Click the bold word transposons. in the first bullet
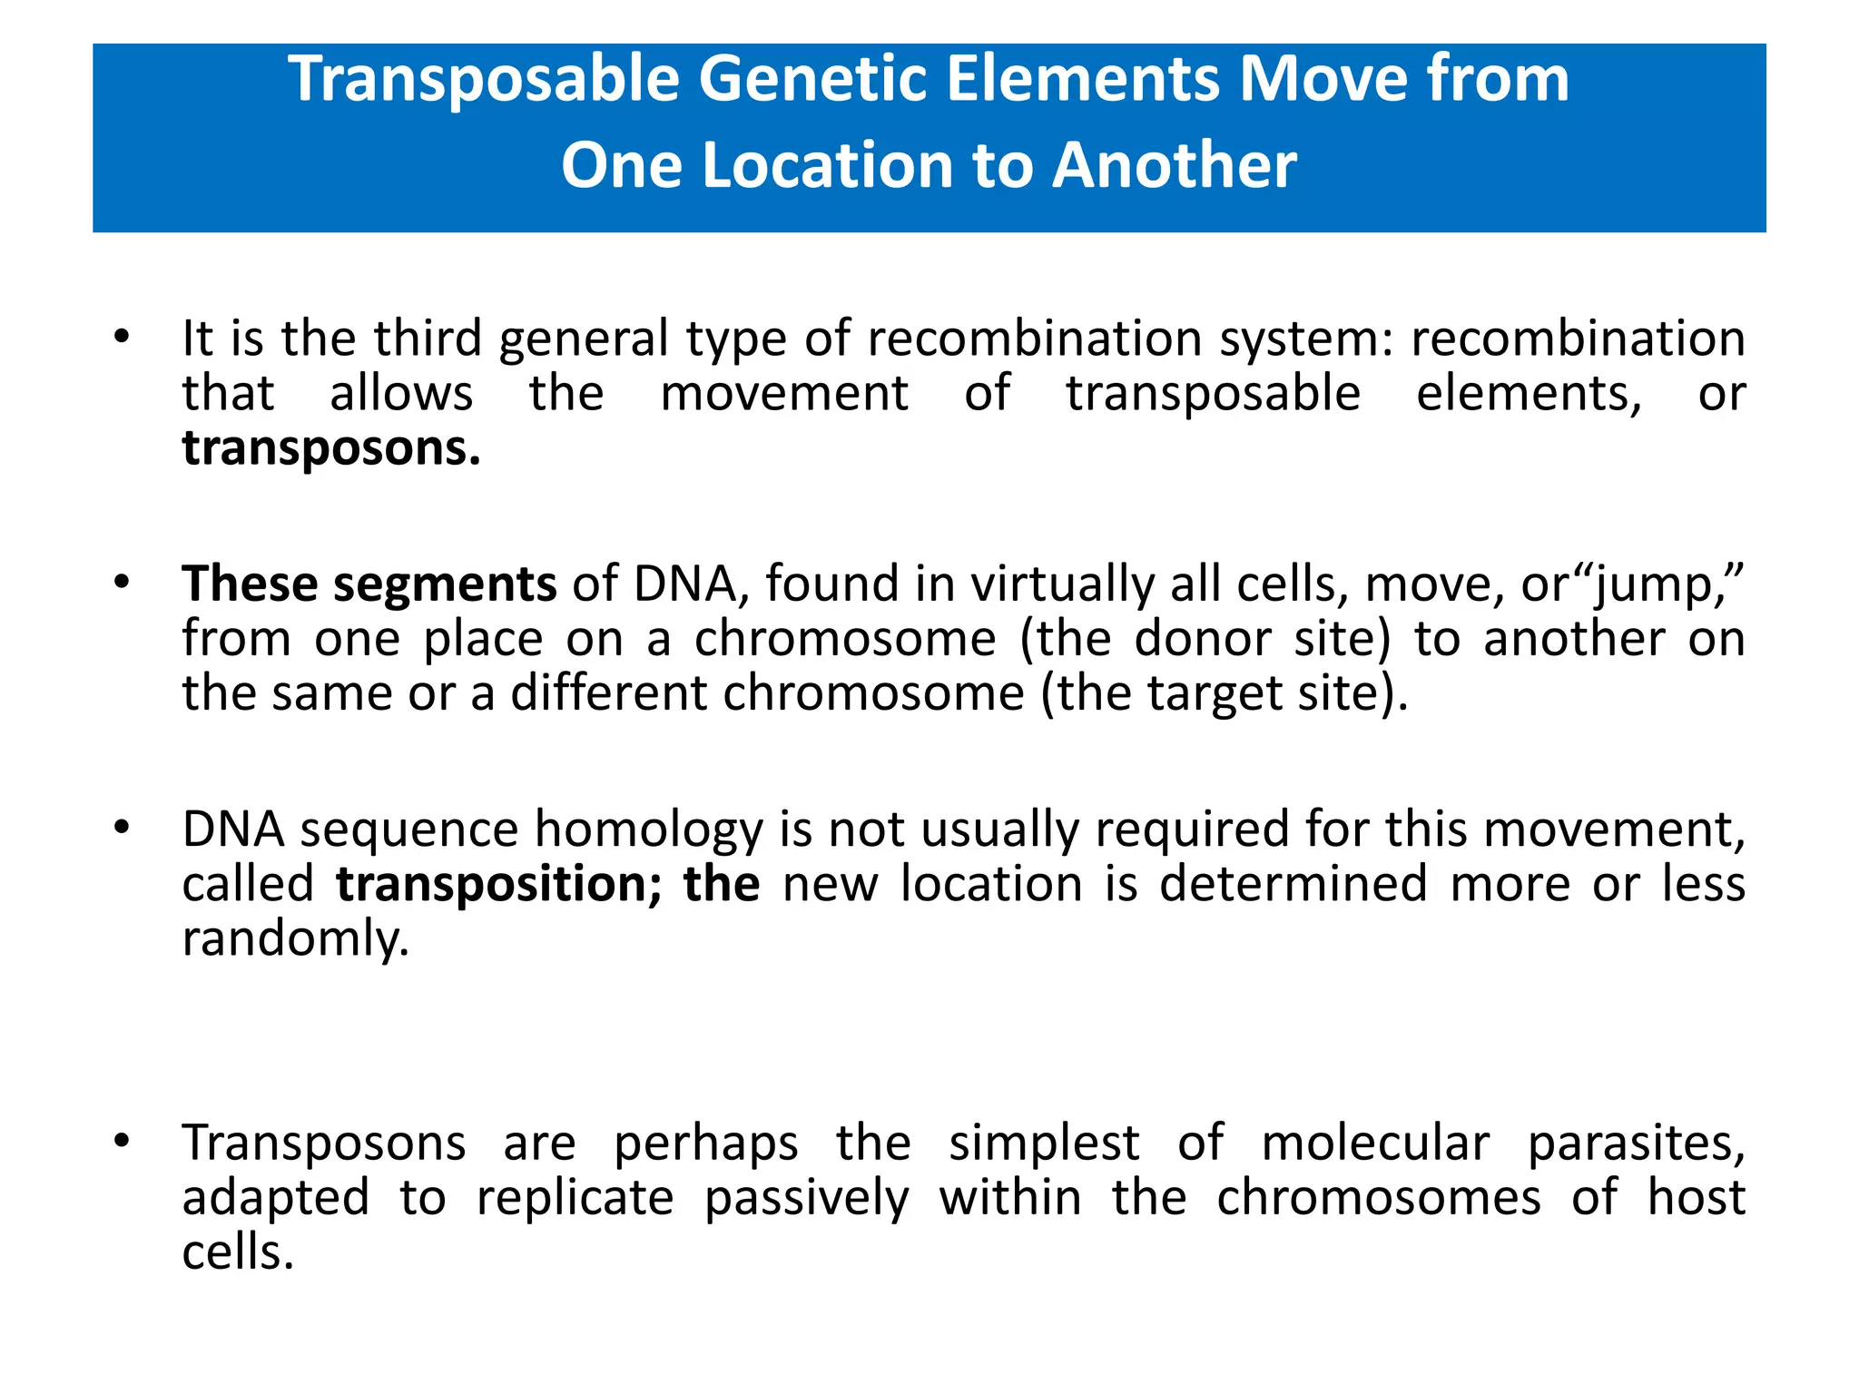pyautogui.click(x=330, y=448)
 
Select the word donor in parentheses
pyautogui.click(x=1206, y=639)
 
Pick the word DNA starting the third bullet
pyautogui.click(x=233, y=830)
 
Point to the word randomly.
pyautogui.click(x=295, y=940)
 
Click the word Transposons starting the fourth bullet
pyautogui.click(x=323, y=1144)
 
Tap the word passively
pyautogui.click(x=806, y=1199)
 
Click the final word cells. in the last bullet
pyautogui.click(x=238, y=1253)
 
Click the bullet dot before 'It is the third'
pyautogui.click(x=122, y=339)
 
